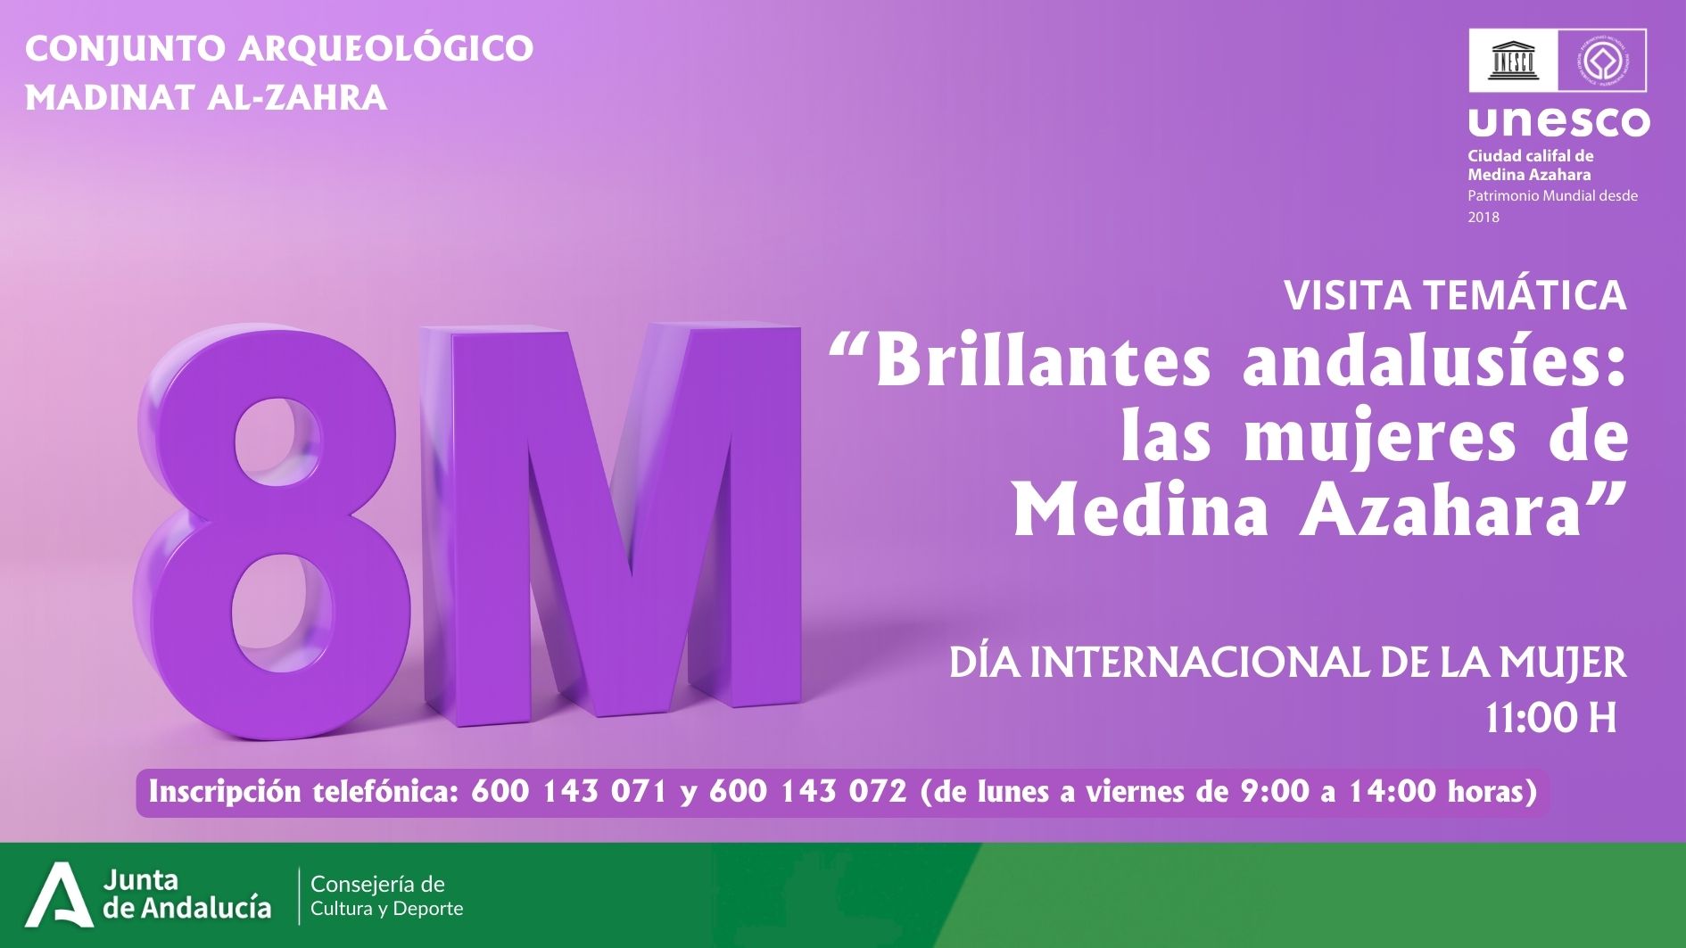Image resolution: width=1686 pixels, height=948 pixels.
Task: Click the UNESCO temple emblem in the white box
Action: point(1513,61)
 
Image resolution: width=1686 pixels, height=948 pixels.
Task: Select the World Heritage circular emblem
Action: point(1602,61)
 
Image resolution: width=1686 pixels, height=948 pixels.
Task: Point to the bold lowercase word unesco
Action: point(1558,121)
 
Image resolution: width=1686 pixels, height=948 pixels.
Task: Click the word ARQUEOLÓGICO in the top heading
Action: point(385,48)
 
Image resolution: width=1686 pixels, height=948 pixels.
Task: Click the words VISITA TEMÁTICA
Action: point(1455,295)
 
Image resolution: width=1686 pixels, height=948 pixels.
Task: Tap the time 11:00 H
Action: point(1550,718)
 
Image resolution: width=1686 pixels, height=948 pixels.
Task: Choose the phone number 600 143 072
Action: point(808,791)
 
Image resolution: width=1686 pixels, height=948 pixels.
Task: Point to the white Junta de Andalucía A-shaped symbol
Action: point(59,894)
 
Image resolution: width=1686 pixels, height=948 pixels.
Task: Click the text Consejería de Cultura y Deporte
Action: point(386,896)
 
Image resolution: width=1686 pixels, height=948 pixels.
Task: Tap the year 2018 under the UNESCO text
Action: point(1484,217)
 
